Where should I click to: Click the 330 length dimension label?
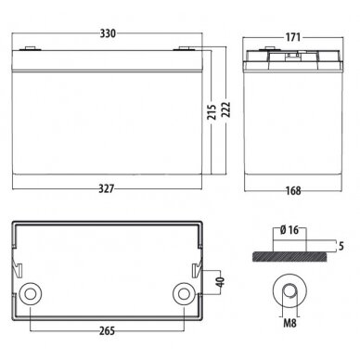pyautogui.click(x=108, y=33)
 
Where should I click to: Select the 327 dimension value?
pyautogui.click(x=107, y=188)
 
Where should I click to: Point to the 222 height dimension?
pyautogui.click(x=226, y=109)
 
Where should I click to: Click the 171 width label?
pyautogui.click(x=292, y=37)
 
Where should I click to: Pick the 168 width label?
pyautogui.click(x=293, y=190)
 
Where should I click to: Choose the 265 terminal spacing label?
pyautogui.click(x=107, y=331)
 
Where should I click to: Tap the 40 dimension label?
pyautogui.click(x=220, y=282)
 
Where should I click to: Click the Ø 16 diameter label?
pyautogui.click(x=289, y=230)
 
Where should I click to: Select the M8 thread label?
pyautogui.click(x=289, y=323)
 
